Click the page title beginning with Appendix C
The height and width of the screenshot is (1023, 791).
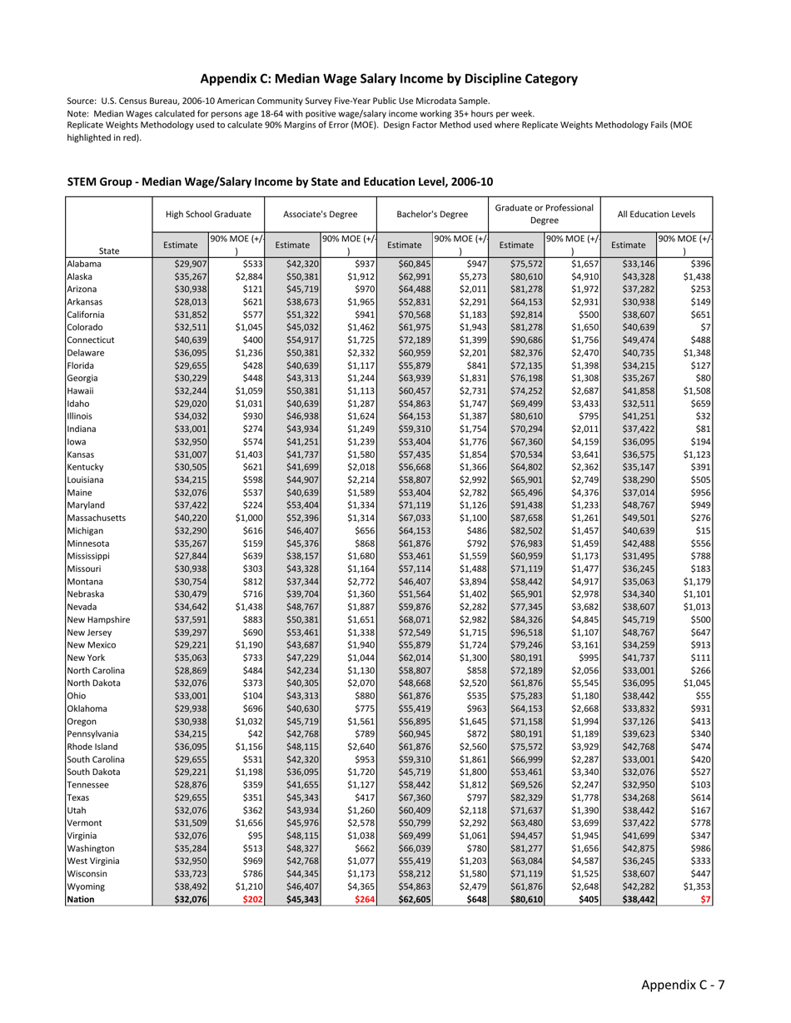[x=389, y=79]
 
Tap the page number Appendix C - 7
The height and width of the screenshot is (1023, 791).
[x=683, y=986]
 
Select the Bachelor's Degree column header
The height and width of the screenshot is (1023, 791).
[x=432, y=214]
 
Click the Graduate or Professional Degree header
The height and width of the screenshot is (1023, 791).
[x=545, y=214]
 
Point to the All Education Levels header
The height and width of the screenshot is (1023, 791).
[x=657, y=214]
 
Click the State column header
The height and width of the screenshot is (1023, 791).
[x=108, y=251]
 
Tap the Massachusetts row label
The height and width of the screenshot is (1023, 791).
[x=96, y=518]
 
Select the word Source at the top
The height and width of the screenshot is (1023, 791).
[x=82, y=101]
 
